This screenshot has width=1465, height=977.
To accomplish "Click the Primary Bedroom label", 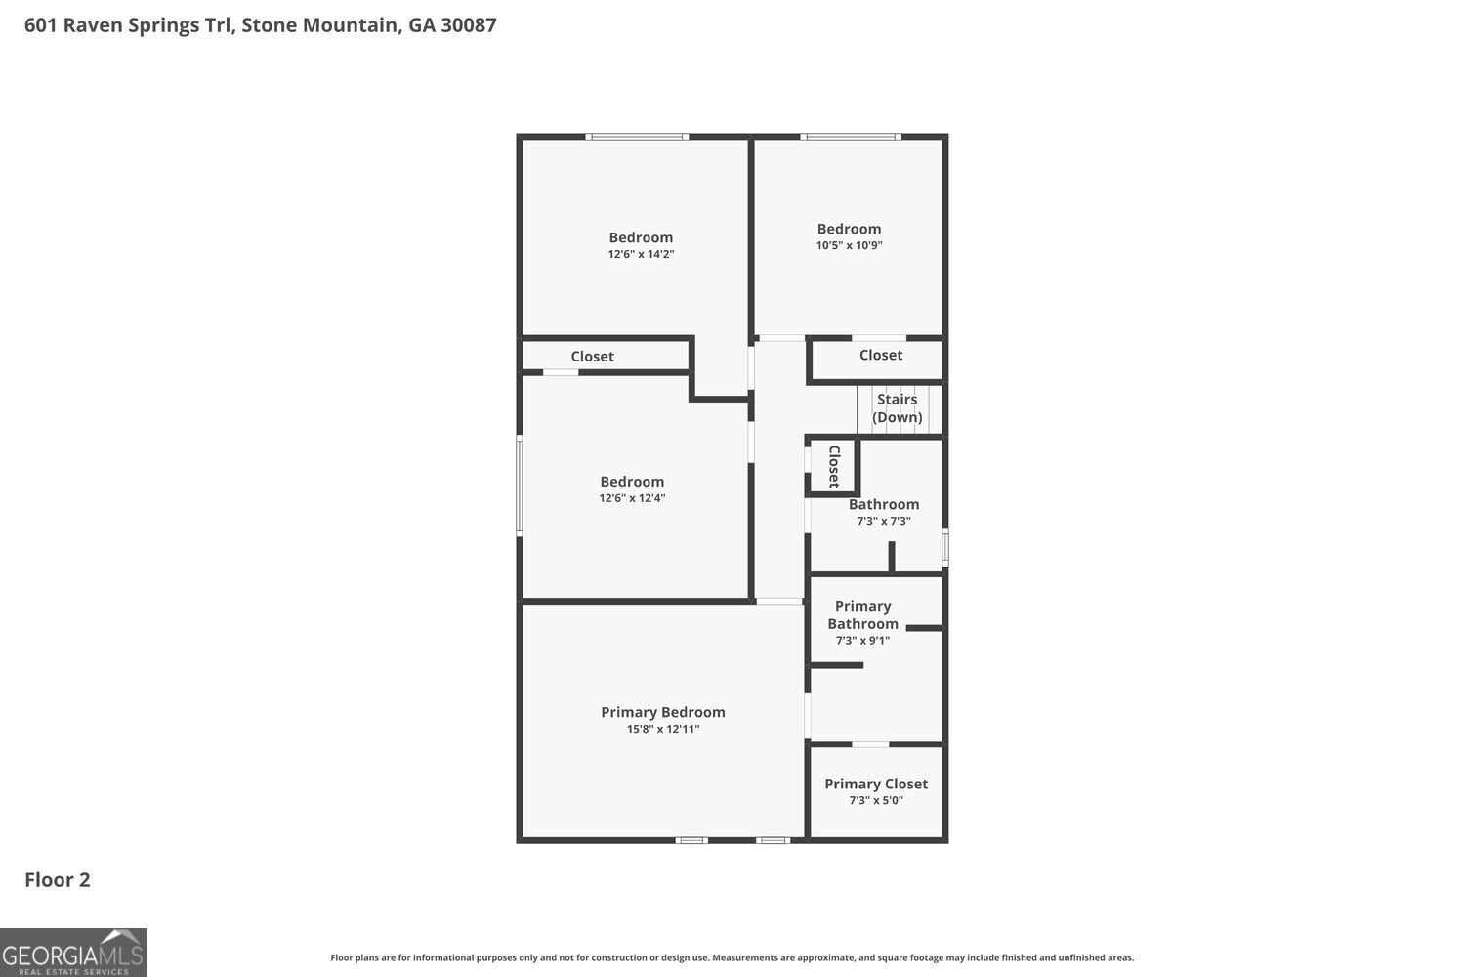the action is (662, 712).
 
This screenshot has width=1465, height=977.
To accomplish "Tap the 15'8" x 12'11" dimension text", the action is (662, 729).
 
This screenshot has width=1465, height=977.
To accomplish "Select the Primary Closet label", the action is (876, 784).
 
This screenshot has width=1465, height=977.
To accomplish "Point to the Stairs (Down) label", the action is (897, 407).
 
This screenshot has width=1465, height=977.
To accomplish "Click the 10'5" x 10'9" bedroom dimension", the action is (849, 245).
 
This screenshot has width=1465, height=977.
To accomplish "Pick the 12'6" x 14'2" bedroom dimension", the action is (641, 254).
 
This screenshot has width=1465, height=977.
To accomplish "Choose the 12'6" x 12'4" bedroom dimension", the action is (632, 498).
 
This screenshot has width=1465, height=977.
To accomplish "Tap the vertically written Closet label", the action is (834, 466).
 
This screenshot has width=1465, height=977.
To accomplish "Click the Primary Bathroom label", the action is (862, 615).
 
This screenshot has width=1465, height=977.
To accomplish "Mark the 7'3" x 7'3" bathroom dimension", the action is (884, 521).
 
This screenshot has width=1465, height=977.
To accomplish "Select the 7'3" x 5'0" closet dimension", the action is (876, 800).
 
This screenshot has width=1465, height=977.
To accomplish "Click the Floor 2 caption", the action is (57, 879).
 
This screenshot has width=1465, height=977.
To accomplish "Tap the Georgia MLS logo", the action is (73, 953).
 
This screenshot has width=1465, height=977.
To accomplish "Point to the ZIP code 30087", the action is (468, 24).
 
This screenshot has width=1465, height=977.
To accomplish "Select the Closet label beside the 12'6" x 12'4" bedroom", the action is (592, 356).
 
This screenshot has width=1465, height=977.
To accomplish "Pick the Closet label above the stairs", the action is (880, 355).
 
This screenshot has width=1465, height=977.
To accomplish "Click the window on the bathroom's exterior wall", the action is (945, 546).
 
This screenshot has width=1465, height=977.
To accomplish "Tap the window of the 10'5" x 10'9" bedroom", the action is (851, 137).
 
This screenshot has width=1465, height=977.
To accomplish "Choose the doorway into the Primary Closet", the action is (870, 744).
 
